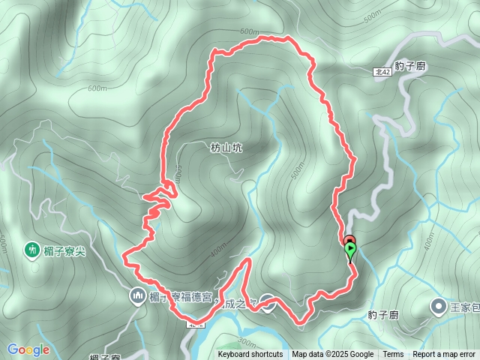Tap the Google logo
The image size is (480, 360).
28,349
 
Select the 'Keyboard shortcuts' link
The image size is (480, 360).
250,355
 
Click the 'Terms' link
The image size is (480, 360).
393,355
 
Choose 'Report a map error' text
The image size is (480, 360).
444,355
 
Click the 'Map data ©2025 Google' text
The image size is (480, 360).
333,355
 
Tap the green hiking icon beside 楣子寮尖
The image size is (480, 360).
32,249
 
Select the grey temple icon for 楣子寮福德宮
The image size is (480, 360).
138,296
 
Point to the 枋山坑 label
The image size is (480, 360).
226,148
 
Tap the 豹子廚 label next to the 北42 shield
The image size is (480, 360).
410,66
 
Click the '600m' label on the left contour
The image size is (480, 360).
97,88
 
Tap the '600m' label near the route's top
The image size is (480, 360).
250,32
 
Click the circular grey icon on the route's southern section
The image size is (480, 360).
269,304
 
